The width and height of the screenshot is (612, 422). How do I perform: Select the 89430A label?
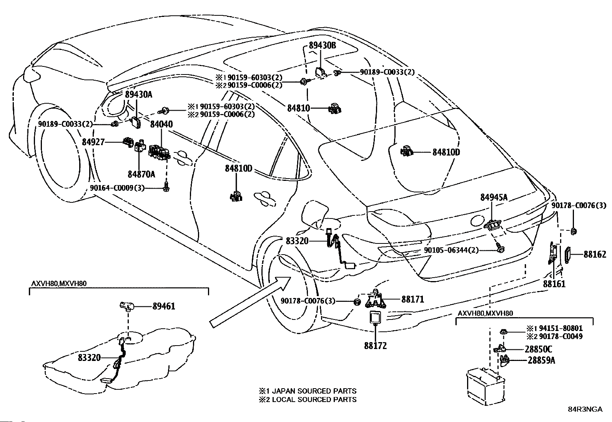[x=138, y=95]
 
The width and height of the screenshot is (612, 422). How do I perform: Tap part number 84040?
[x=161, y=124]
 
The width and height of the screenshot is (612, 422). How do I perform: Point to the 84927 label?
[x=93, y=142]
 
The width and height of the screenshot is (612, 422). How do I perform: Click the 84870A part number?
[x=141, y=174]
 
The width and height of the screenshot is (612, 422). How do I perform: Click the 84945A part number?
[x=494, y=197]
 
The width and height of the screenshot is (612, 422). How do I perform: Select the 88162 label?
[x=595, y=254]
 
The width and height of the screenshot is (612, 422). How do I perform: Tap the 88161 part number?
[x=554, y=284]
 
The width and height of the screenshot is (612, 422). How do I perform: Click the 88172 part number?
[x=376, y=346]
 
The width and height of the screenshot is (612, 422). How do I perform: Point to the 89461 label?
[x=164, y=306]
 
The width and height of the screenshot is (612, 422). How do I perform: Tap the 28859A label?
[x=541, y=361]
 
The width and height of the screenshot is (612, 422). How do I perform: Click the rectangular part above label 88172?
[x=375, y=318]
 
